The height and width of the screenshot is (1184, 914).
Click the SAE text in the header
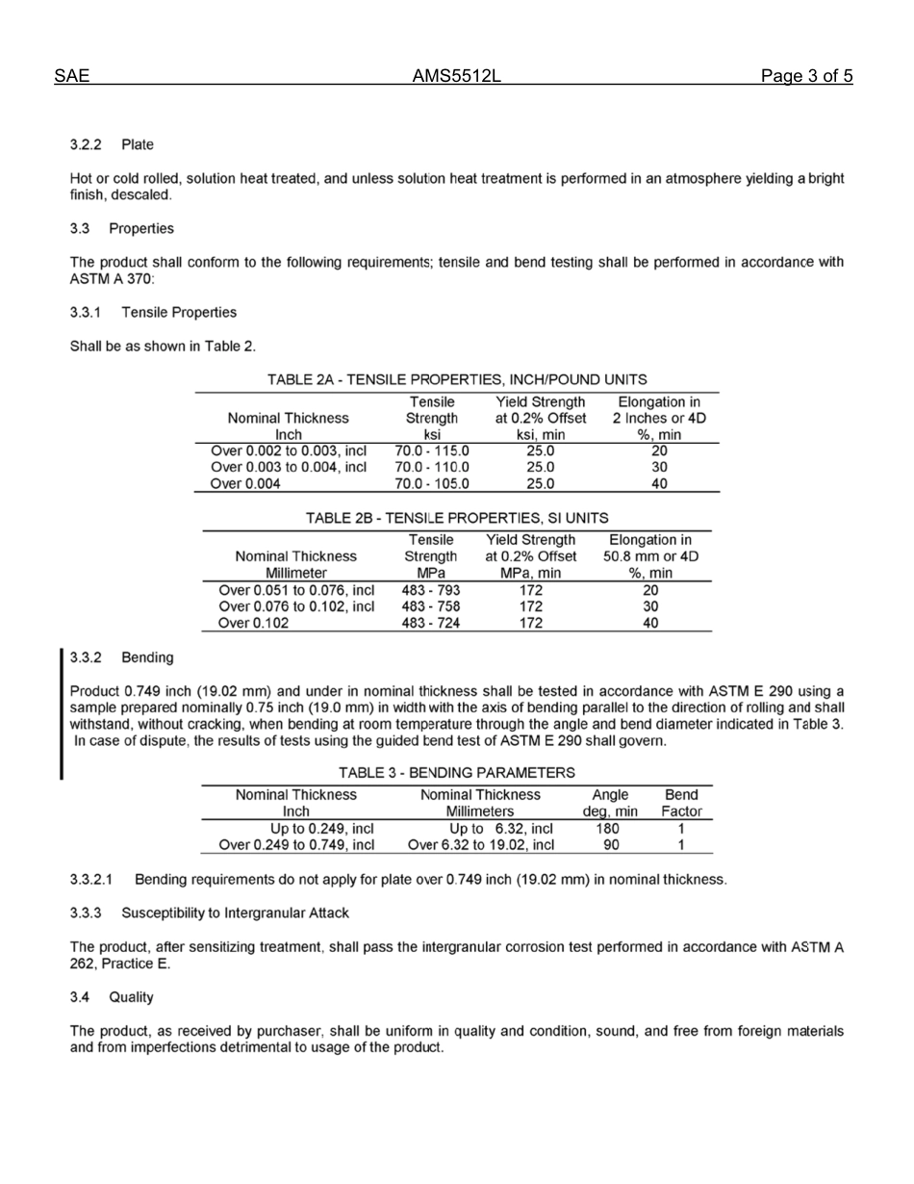72,77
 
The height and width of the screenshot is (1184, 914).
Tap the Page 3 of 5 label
806,77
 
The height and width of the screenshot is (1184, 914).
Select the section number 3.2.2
86,144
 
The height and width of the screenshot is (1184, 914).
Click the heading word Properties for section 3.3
141,229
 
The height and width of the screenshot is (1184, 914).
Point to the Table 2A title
457,379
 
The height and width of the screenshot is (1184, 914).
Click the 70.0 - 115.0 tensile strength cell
432,450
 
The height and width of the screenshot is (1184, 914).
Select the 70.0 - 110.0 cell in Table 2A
432,467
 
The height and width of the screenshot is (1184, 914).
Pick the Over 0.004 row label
245,484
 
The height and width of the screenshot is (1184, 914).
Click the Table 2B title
457,518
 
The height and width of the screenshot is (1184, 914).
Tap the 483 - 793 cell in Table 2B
431,589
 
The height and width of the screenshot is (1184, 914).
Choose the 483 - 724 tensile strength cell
431,623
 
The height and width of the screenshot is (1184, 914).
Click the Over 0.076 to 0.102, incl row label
297,606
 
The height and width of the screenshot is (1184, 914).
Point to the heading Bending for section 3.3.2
147,657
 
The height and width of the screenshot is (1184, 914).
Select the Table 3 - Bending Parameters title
457,772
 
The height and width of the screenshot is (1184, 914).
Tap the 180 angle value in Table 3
610,828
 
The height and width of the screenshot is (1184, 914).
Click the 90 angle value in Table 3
610,845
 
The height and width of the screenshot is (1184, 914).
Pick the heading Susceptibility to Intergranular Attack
236,913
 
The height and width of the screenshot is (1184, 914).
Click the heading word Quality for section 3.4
131,997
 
